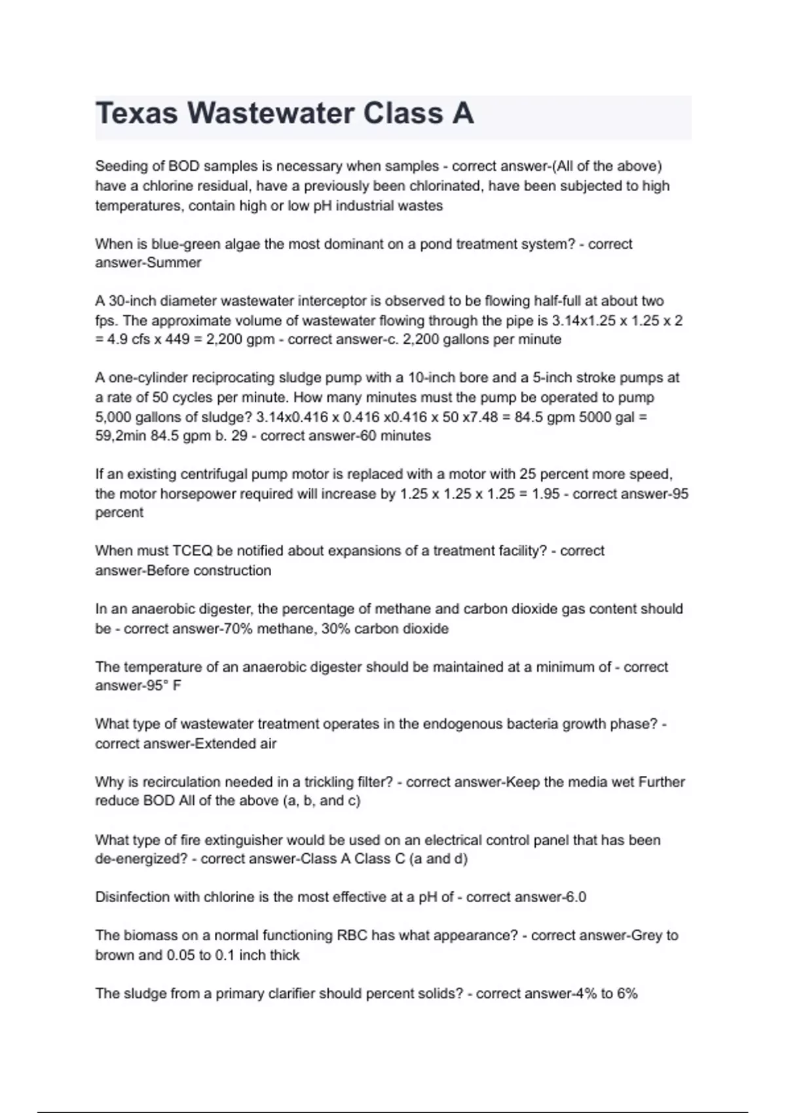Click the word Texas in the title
tap(136, 113)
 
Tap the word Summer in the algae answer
tap(174, 263)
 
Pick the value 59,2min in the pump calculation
tap(121, 435)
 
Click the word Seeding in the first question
tap(121, 166)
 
